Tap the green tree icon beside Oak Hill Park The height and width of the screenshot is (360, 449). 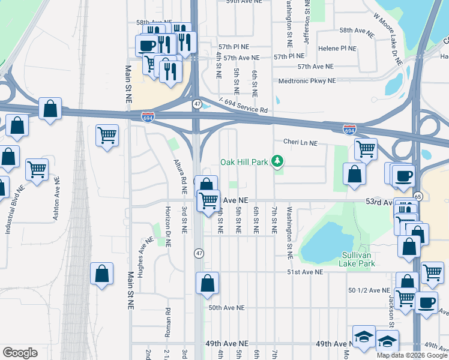click(277, 161)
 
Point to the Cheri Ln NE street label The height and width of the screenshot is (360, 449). click(300, 143)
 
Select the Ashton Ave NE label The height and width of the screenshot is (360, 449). click(56, 197)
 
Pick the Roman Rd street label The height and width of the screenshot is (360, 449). click(169, 322)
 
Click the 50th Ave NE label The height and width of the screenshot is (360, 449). click(226, 308)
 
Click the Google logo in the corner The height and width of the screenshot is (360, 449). click(20, 352)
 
